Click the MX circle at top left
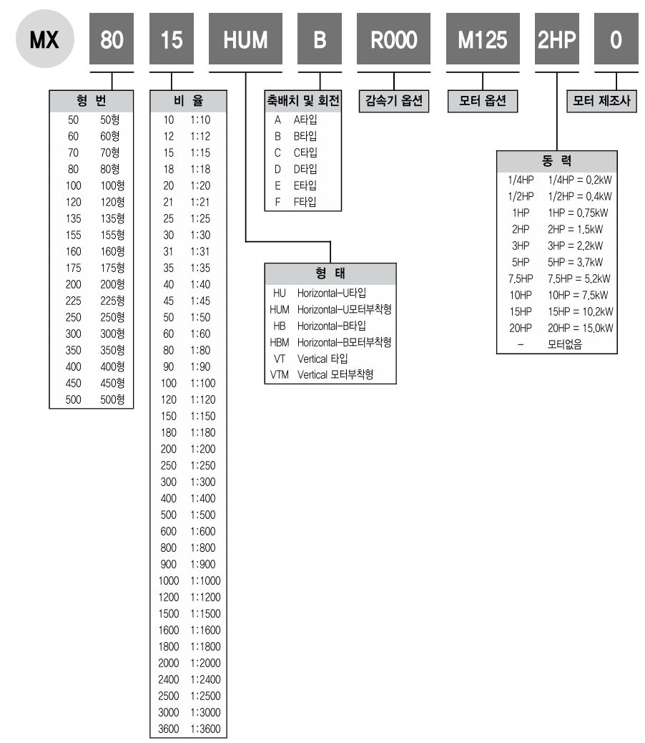[45, 39]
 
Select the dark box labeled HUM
[245, 39]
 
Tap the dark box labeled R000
[394, 39]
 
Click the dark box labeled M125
[483, 39]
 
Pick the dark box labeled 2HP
[557, 39]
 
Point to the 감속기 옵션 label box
[394, 101]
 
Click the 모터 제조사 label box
[601, 101]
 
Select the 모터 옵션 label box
[483, 101]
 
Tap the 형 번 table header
[92, 101]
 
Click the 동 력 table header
[557, 162]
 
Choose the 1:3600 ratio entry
[206, 729]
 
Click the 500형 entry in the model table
[113, 399]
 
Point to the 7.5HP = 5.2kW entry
[579, 278]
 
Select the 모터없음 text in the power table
[565, 344]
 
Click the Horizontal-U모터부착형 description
[345, 309]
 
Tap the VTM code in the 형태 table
[279, 375]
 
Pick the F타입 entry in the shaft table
[305, 202]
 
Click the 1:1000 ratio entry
[206, 581]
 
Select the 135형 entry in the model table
[113, 218]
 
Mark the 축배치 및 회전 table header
[303, 101]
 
